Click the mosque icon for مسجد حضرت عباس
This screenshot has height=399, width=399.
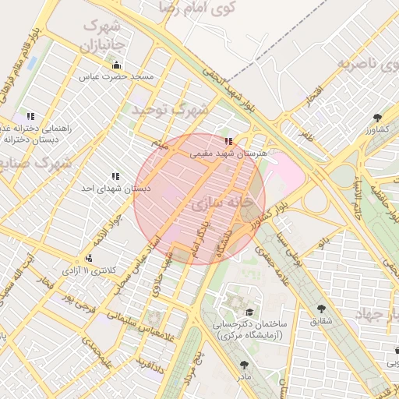117,65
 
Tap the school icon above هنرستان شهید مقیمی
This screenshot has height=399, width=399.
228,142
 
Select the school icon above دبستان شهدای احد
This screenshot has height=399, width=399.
116,177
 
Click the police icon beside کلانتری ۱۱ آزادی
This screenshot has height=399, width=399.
90,258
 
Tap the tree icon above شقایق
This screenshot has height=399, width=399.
322,309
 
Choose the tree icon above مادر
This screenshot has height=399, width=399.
245,364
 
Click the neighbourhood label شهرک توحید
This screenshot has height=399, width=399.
170,110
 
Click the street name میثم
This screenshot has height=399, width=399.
161,144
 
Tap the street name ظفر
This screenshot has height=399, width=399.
306,135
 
